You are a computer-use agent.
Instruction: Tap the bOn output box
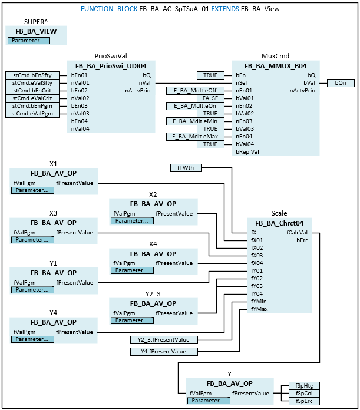tap(340, 83)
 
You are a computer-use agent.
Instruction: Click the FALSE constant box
tap(210, 98)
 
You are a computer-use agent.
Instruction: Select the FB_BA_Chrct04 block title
tap(280, 223)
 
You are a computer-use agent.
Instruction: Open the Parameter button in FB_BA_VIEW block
tap(29, 41)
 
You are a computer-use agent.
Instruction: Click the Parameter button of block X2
tap(131, 221)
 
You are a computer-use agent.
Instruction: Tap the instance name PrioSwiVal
tap(110, 56)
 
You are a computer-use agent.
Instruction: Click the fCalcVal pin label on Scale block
tap(298, 232)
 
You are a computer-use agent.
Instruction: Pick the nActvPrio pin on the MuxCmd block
tap(302, 91)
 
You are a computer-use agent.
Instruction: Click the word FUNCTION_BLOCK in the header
tap(108, 9)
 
